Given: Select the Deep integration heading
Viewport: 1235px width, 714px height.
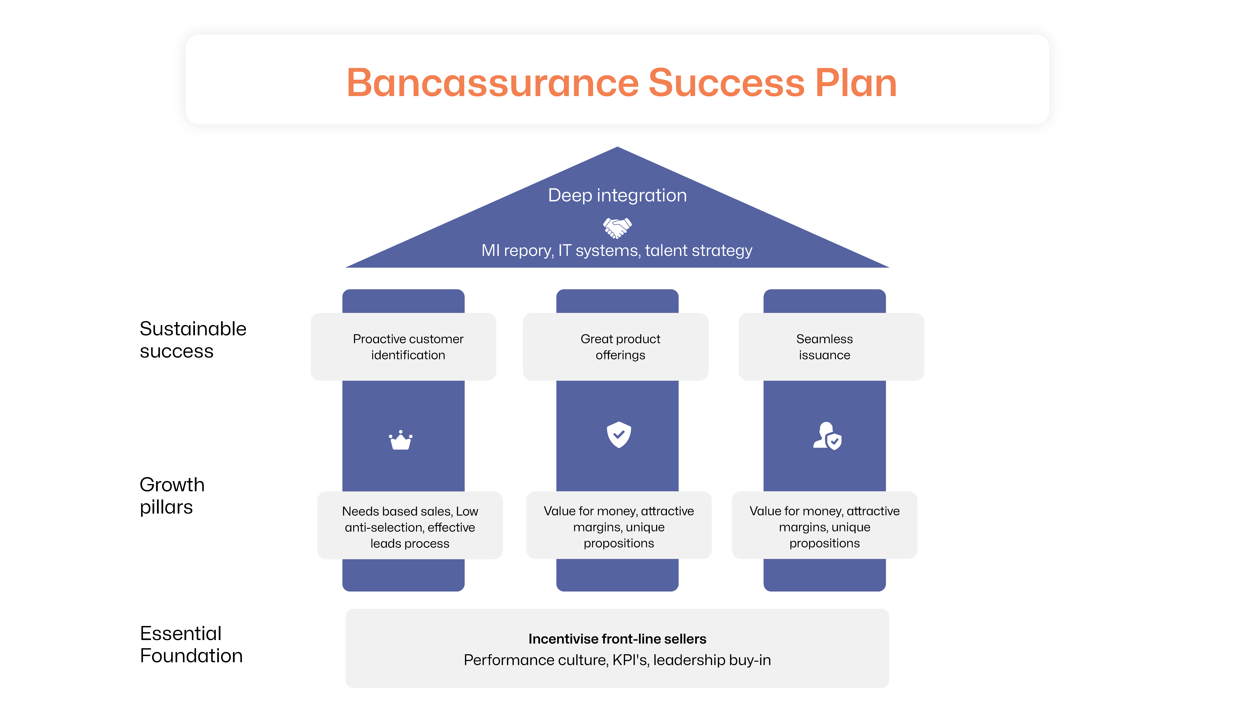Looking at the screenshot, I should (x=617, y=195).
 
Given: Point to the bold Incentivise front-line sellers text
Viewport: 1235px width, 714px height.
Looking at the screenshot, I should (x=617, y=639).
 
